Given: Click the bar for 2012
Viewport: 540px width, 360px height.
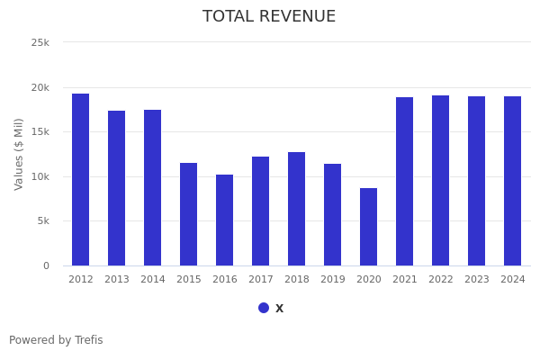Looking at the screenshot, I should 81,180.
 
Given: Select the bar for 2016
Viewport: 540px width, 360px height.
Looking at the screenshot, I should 225,220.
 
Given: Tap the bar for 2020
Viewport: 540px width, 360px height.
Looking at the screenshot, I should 369,227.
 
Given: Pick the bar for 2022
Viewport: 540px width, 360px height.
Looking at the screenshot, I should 441,180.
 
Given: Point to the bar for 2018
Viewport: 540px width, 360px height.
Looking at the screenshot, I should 297,209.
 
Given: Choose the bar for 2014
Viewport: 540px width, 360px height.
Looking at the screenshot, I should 153,187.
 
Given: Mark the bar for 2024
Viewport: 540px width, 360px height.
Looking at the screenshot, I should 513,181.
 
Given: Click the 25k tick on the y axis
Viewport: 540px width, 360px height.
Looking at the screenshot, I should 40,42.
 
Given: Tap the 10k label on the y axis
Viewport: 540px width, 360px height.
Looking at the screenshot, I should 40,176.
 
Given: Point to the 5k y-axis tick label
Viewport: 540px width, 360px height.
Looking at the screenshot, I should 42,221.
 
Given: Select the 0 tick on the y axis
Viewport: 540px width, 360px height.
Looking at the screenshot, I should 46,265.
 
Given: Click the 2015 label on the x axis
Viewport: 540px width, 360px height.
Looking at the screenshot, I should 189,280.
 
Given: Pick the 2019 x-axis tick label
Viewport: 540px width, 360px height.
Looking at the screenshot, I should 333,280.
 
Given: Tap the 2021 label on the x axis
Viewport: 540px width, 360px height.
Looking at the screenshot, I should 405,280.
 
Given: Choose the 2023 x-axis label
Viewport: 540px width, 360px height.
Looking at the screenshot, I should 477,280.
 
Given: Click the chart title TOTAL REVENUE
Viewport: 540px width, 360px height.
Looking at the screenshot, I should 269,17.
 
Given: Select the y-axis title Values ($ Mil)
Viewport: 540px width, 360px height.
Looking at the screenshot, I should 19,154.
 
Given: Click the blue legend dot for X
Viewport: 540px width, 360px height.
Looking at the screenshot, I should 264,308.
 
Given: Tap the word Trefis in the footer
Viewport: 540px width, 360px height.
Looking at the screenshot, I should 88,340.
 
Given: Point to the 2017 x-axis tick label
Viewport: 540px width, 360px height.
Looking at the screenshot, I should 261,280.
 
